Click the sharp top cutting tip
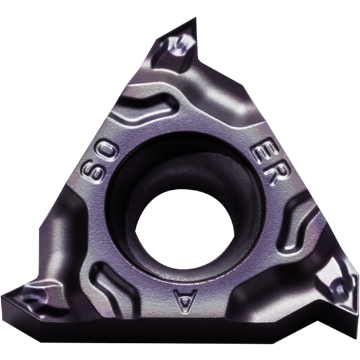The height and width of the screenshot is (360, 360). point(195,18)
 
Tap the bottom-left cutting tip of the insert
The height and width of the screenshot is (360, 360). point(2,295)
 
